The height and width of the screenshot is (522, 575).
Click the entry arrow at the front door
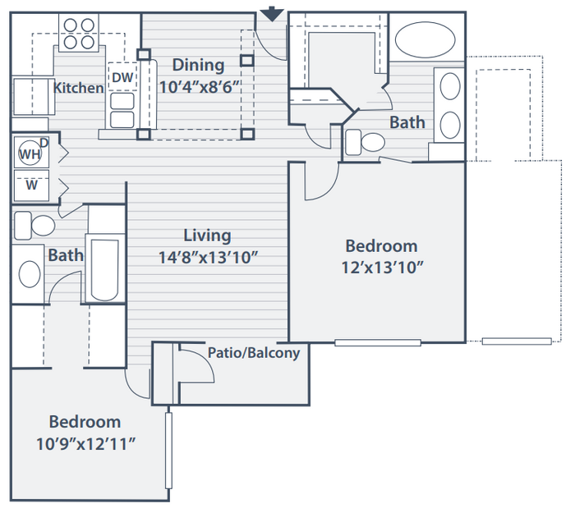pyautogui.click(x=272, y=14)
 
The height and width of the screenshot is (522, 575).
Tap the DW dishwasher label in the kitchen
pyautogui.click(x=122, y=77)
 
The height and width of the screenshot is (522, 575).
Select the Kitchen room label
pyautogui.click(x=79, y=88)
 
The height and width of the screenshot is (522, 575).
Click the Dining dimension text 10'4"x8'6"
pyautogui.click(x=200, y=87)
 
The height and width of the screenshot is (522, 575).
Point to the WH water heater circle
pyautogui.click(x=30, y=153)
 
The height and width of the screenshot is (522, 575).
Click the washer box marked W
pyautogui.click(x=31, y=185)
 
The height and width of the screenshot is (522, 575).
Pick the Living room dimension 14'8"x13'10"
pyautogui.click(x=208, y=258)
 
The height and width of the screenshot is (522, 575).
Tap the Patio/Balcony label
pyautogui.click(x=254, y=353)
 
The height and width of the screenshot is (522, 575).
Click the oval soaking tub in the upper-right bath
pyautogui.click(x=425, y=39)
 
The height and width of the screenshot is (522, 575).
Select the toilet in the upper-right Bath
pyautogui.click(x=366, y=142)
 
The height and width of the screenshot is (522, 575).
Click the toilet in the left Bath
pyautogui.click(x=34, y=225)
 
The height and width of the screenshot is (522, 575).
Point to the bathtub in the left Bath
pyautogui.click(x=104, y=269)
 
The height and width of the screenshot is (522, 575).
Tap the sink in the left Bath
pyautogui.click(x=30, y=274)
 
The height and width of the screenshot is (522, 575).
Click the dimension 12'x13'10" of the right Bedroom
pyautogui.click(x=383, y=268)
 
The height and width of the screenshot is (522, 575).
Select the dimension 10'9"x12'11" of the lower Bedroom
pyautogui.click(x=85, y=444)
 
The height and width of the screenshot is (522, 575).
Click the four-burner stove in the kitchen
pyautogui.click(x=79, y=33)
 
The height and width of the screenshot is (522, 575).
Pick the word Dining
pyautogui.click(x=199, y=65)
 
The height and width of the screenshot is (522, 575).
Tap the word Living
pyautogui.click(x=207, y=236)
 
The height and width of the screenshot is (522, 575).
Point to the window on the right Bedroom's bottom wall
pyautogui.click(x=378, y=343)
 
